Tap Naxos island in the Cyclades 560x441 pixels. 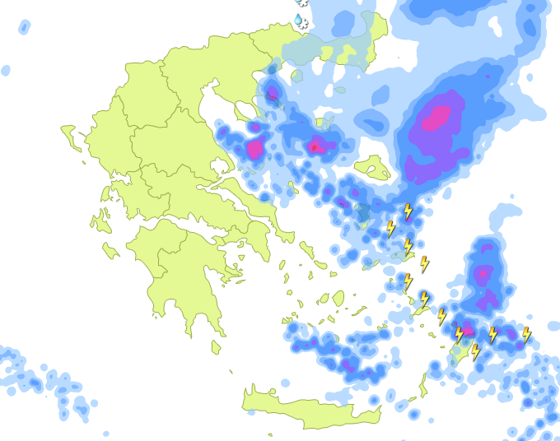338,298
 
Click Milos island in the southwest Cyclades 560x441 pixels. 287,317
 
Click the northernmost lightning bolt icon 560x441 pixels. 407,211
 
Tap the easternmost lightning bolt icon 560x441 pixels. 526,334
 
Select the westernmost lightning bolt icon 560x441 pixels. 390,228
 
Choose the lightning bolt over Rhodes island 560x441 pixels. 475,352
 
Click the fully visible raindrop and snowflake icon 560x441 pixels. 300,21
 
